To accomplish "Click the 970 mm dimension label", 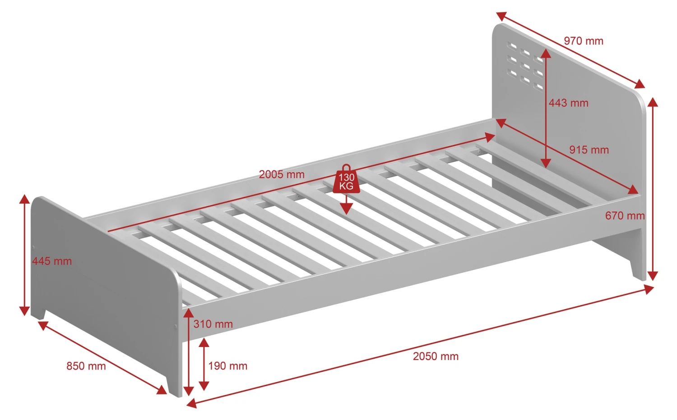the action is (x=583, y=41).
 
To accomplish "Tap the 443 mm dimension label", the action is (x=569, y=103).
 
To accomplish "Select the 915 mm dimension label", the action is (x=589, y=150).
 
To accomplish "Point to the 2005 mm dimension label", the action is (x=282, y=174).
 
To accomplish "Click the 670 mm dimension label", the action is (x=625, y=216).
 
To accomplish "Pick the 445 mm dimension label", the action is (x=52, y=261).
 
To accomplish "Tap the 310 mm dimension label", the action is (x=213, y=324).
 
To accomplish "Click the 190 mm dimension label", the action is (x=227, y=366).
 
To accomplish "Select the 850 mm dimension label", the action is (x=86, y=366).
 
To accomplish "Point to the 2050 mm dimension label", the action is (x=436, y=356).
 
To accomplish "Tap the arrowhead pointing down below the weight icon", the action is (x=346, y=208).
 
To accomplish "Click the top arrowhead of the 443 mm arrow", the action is (x=546, y=53).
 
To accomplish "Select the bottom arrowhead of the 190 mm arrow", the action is (x=204, y=386).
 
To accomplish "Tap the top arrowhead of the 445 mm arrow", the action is (x=24, y=199).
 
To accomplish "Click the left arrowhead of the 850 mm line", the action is (x=43, y=325).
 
